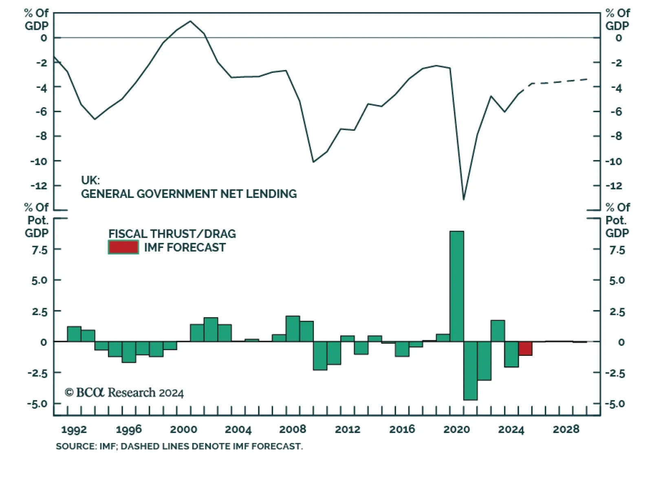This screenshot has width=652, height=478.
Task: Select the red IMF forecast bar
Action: click(x=525, y=349)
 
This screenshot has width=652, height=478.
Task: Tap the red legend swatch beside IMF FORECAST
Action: click(x=123, y=247)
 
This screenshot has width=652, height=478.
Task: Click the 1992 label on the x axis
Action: click(x=74, y=430)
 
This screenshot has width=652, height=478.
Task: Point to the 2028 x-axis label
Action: click(x=566, y=429)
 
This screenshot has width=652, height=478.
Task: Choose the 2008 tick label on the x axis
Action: click(x=292, y=429)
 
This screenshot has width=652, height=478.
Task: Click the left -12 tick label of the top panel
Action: click(x=39, y=186)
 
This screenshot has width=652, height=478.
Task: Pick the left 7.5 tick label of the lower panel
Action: click(x=40, y=250)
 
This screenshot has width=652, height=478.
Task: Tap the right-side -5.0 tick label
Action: click(x=617, y=404)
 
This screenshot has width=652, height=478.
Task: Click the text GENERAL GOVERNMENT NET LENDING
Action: click(x=189, y=194)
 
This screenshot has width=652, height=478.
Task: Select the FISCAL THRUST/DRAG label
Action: click(x=172, y=234)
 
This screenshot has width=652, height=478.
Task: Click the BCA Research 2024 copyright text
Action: click(x=124, y=392)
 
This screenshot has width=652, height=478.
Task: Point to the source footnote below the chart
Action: click(x=179, y=446)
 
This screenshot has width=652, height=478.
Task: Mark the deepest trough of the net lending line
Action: click(x=464, y=199)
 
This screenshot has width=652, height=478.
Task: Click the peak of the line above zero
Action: click(x=190, y=21)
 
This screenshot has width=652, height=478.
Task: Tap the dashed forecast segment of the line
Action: click(x=558, y=82)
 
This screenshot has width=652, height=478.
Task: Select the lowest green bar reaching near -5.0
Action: click(x=470, y=371)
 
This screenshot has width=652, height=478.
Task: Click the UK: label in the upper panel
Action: click(x=90, y=180)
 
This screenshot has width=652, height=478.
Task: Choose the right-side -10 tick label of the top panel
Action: click(x=613, y=161)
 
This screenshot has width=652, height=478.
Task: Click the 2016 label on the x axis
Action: click(x=402, y=429)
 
